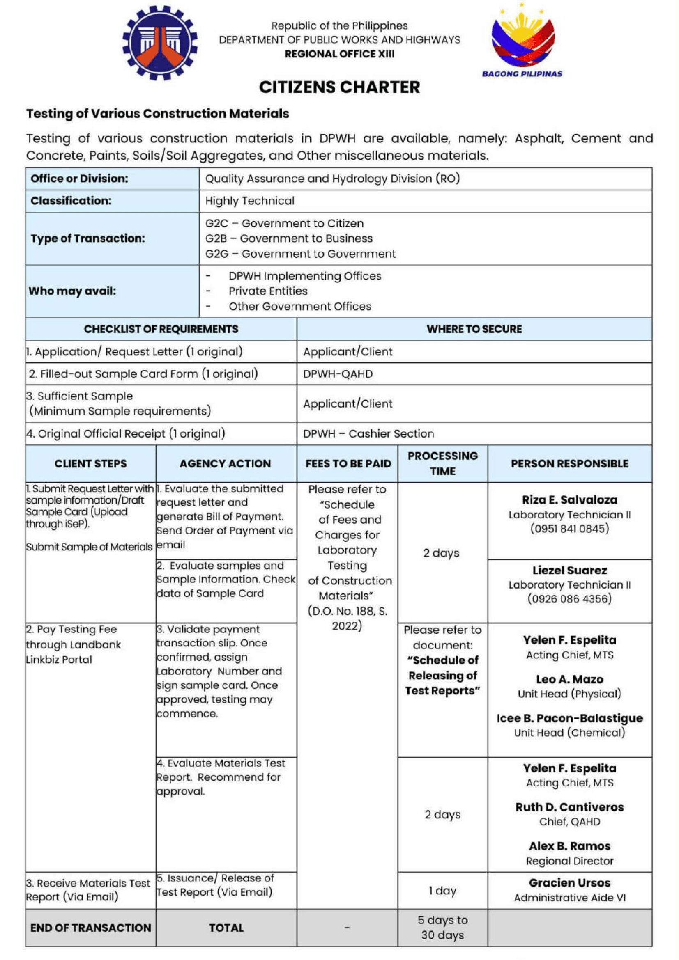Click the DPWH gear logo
pyautogui.click(x=160, y=43)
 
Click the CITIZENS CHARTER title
pyautogui.click(x=339, y=87)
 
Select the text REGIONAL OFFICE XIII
pyautogui.click(x=339, y=54)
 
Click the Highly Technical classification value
pyautogui.click(x=250, y=201)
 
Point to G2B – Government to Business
pyautogui.click(x=289, y=238)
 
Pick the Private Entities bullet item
pyautogui.click(x=268, y=291)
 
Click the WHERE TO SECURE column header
pyautogui.click(x=474, y=329)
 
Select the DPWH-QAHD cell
pyautogui.click(x=338, y=374)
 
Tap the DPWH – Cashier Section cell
pyautogui.click(x=368, y=433)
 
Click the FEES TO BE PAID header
pyautogui.click(x=348, y=464)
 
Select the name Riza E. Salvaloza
pyautogui.click(x=569, y=500)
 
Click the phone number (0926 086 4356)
pyautogui.click(x=569, y=599)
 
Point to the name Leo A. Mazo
pyautogui.click(x=569, y=679)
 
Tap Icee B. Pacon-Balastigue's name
pyautogui.click(x=569, y=718)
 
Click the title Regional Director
pyautogui.click(x=569, y=861)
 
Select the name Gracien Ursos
pyautogui.click(x=569, y=883)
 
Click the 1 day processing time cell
pyautogui.click(x=442, y=891)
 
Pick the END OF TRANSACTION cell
pyautogui.click(x=90, y=928)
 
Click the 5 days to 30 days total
pyautogui.click(x=442, y=928)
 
